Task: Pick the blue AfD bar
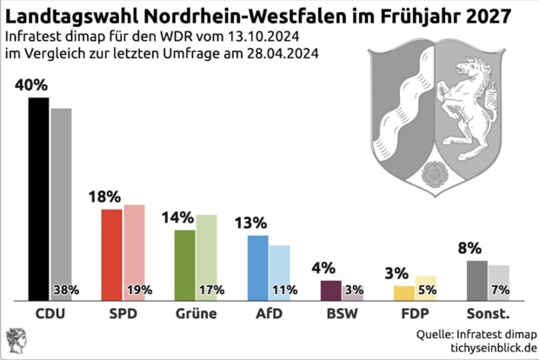pos(257,267)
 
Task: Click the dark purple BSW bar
pos(330,290)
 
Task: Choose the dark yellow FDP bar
pos(403,292)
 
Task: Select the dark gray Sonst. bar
pos(476,279)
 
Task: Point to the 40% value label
pos(31,85)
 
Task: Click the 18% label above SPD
pos(104,197)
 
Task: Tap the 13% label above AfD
pos(250,223)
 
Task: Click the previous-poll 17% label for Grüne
pos(212,290)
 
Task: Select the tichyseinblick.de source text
pos(490,348)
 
